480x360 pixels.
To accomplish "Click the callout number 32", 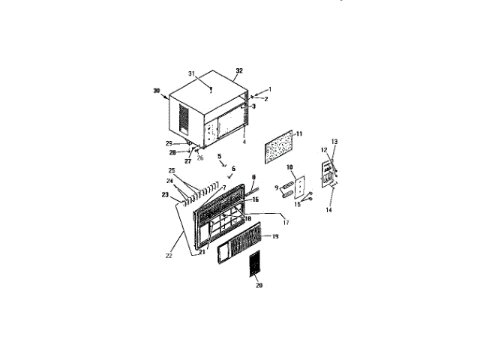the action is [x=239, y=71].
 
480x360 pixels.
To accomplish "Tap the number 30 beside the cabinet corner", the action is [x=157, y=91].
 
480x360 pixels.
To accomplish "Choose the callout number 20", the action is [x=259, y=285].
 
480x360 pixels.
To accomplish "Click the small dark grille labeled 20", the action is [x=256, y=266].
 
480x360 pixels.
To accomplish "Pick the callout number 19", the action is [x=275, y=236].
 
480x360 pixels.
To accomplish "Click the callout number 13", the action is [x=334, y=142].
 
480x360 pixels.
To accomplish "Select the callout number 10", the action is [x=289, y=167].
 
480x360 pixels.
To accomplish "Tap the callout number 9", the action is [x=277, y=186].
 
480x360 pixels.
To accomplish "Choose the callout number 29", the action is [x=169, y=143].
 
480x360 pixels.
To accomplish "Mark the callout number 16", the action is [x=255, y=199].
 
